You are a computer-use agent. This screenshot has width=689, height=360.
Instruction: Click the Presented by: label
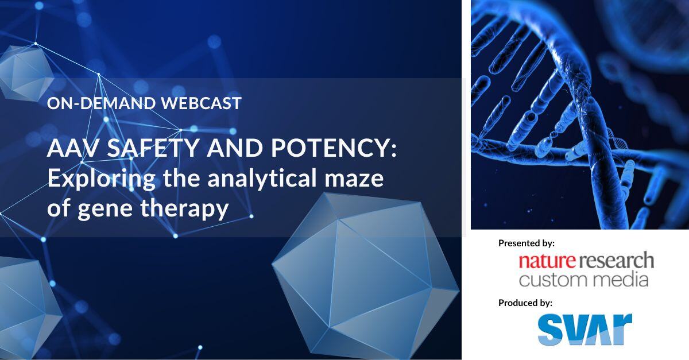526,243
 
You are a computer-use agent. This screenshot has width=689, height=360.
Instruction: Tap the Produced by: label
525,303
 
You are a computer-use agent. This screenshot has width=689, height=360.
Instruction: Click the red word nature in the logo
547,261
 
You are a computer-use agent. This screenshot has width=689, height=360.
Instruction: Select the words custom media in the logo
583,280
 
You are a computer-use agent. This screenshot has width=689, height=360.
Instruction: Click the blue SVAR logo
585,330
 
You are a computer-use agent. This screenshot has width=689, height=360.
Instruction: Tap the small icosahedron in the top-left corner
23,72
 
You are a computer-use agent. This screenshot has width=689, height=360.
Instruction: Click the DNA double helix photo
580,115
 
